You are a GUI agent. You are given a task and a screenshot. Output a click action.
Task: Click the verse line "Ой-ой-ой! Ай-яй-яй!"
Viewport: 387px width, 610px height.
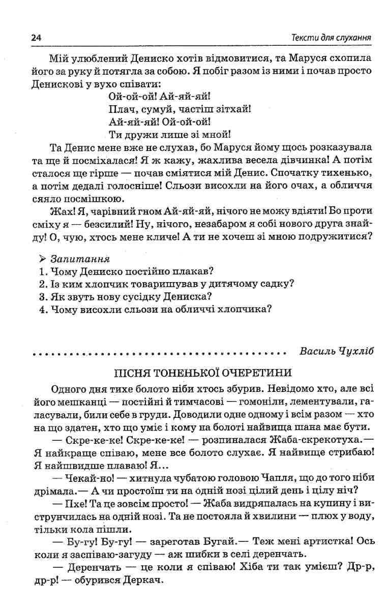[x=160, y=95]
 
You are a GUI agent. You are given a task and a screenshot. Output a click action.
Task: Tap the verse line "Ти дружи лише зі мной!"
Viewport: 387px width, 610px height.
[x=170, y=135]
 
